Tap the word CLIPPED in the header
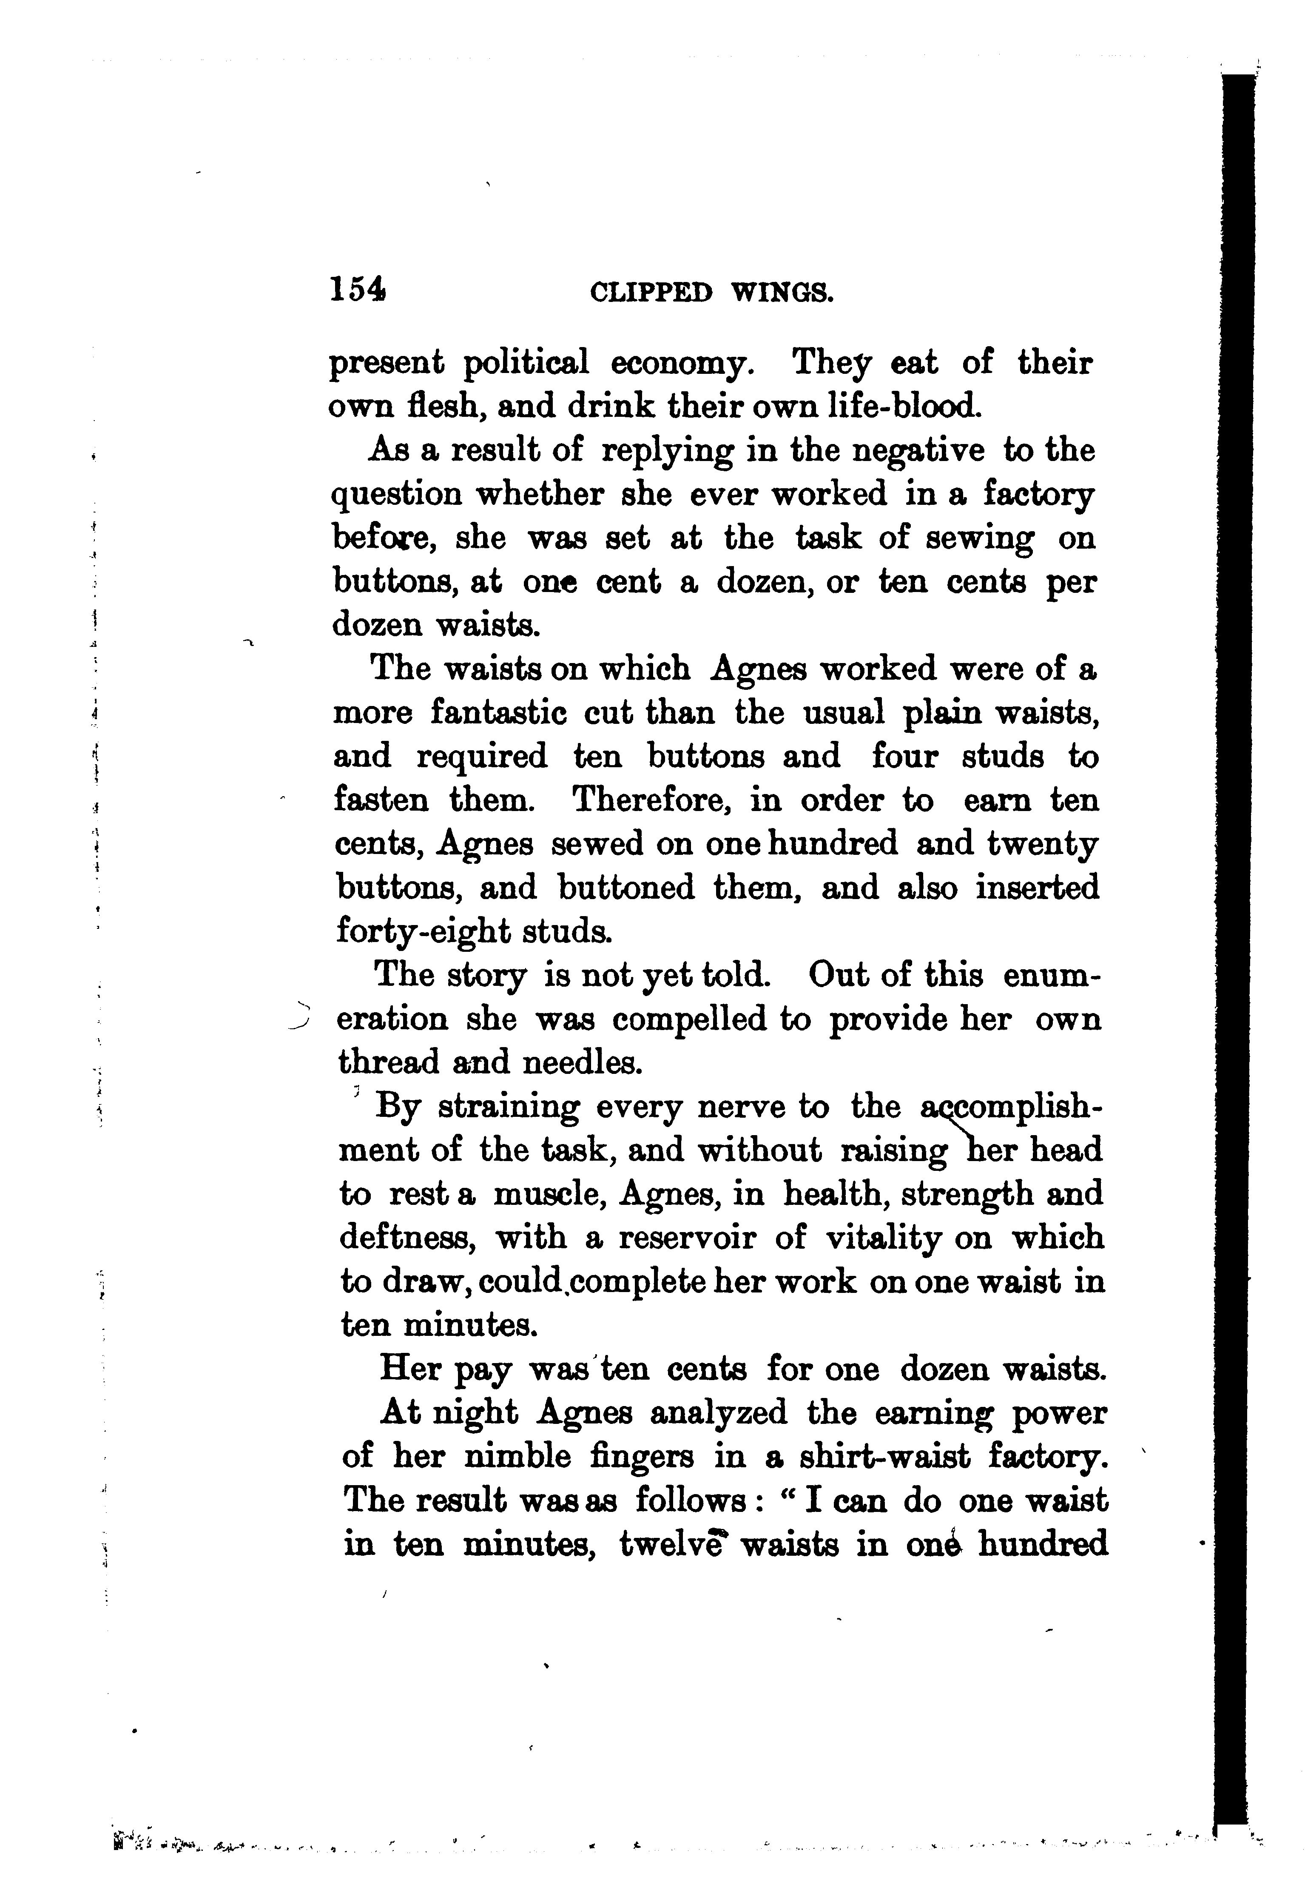coord(650,293)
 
